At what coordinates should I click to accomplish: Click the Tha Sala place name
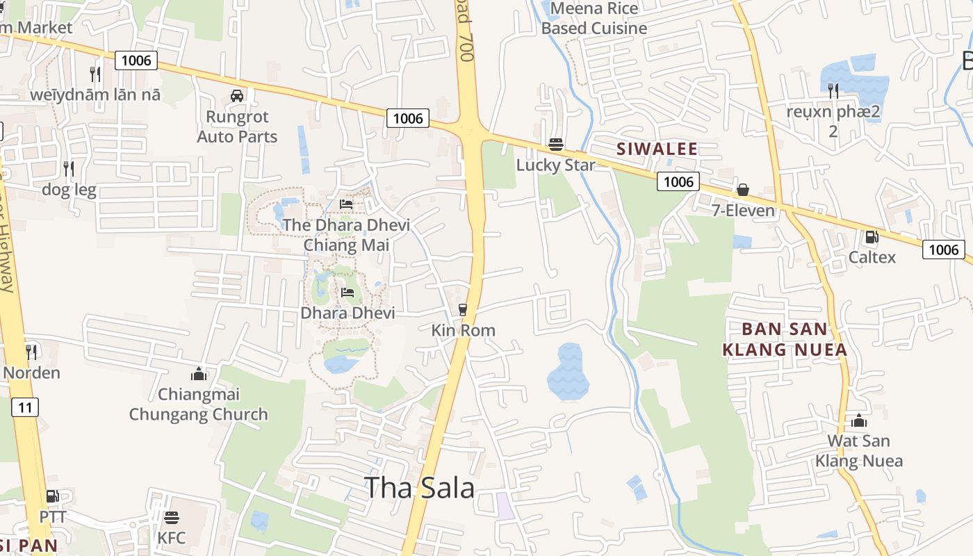(419, 488)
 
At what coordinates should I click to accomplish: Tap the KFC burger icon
(172, 517)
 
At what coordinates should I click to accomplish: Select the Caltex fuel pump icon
(872, 237)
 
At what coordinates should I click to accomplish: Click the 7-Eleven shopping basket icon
(743, 190)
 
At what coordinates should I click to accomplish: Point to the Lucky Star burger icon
(555, 145)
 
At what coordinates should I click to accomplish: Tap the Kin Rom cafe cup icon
(463, 310)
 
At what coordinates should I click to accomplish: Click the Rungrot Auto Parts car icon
(236, 96)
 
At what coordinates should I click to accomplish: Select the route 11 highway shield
(25, 407)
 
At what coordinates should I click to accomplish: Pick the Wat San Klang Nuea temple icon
(859, 420)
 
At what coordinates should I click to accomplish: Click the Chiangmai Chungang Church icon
(199, 374)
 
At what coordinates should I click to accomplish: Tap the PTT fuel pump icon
(52, 496)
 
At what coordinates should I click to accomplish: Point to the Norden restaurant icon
(31, 352)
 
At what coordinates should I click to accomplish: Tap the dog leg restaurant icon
(68, 168)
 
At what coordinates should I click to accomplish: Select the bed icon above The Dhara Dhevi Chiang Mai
(346, 204)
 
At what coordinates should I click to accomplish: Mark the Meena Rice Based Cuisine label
(594, 19)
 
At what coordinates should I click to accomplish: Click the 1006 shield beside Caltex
(944, 250)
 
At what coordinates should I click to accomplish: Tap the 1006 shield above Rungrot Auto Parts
(136, 60)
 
